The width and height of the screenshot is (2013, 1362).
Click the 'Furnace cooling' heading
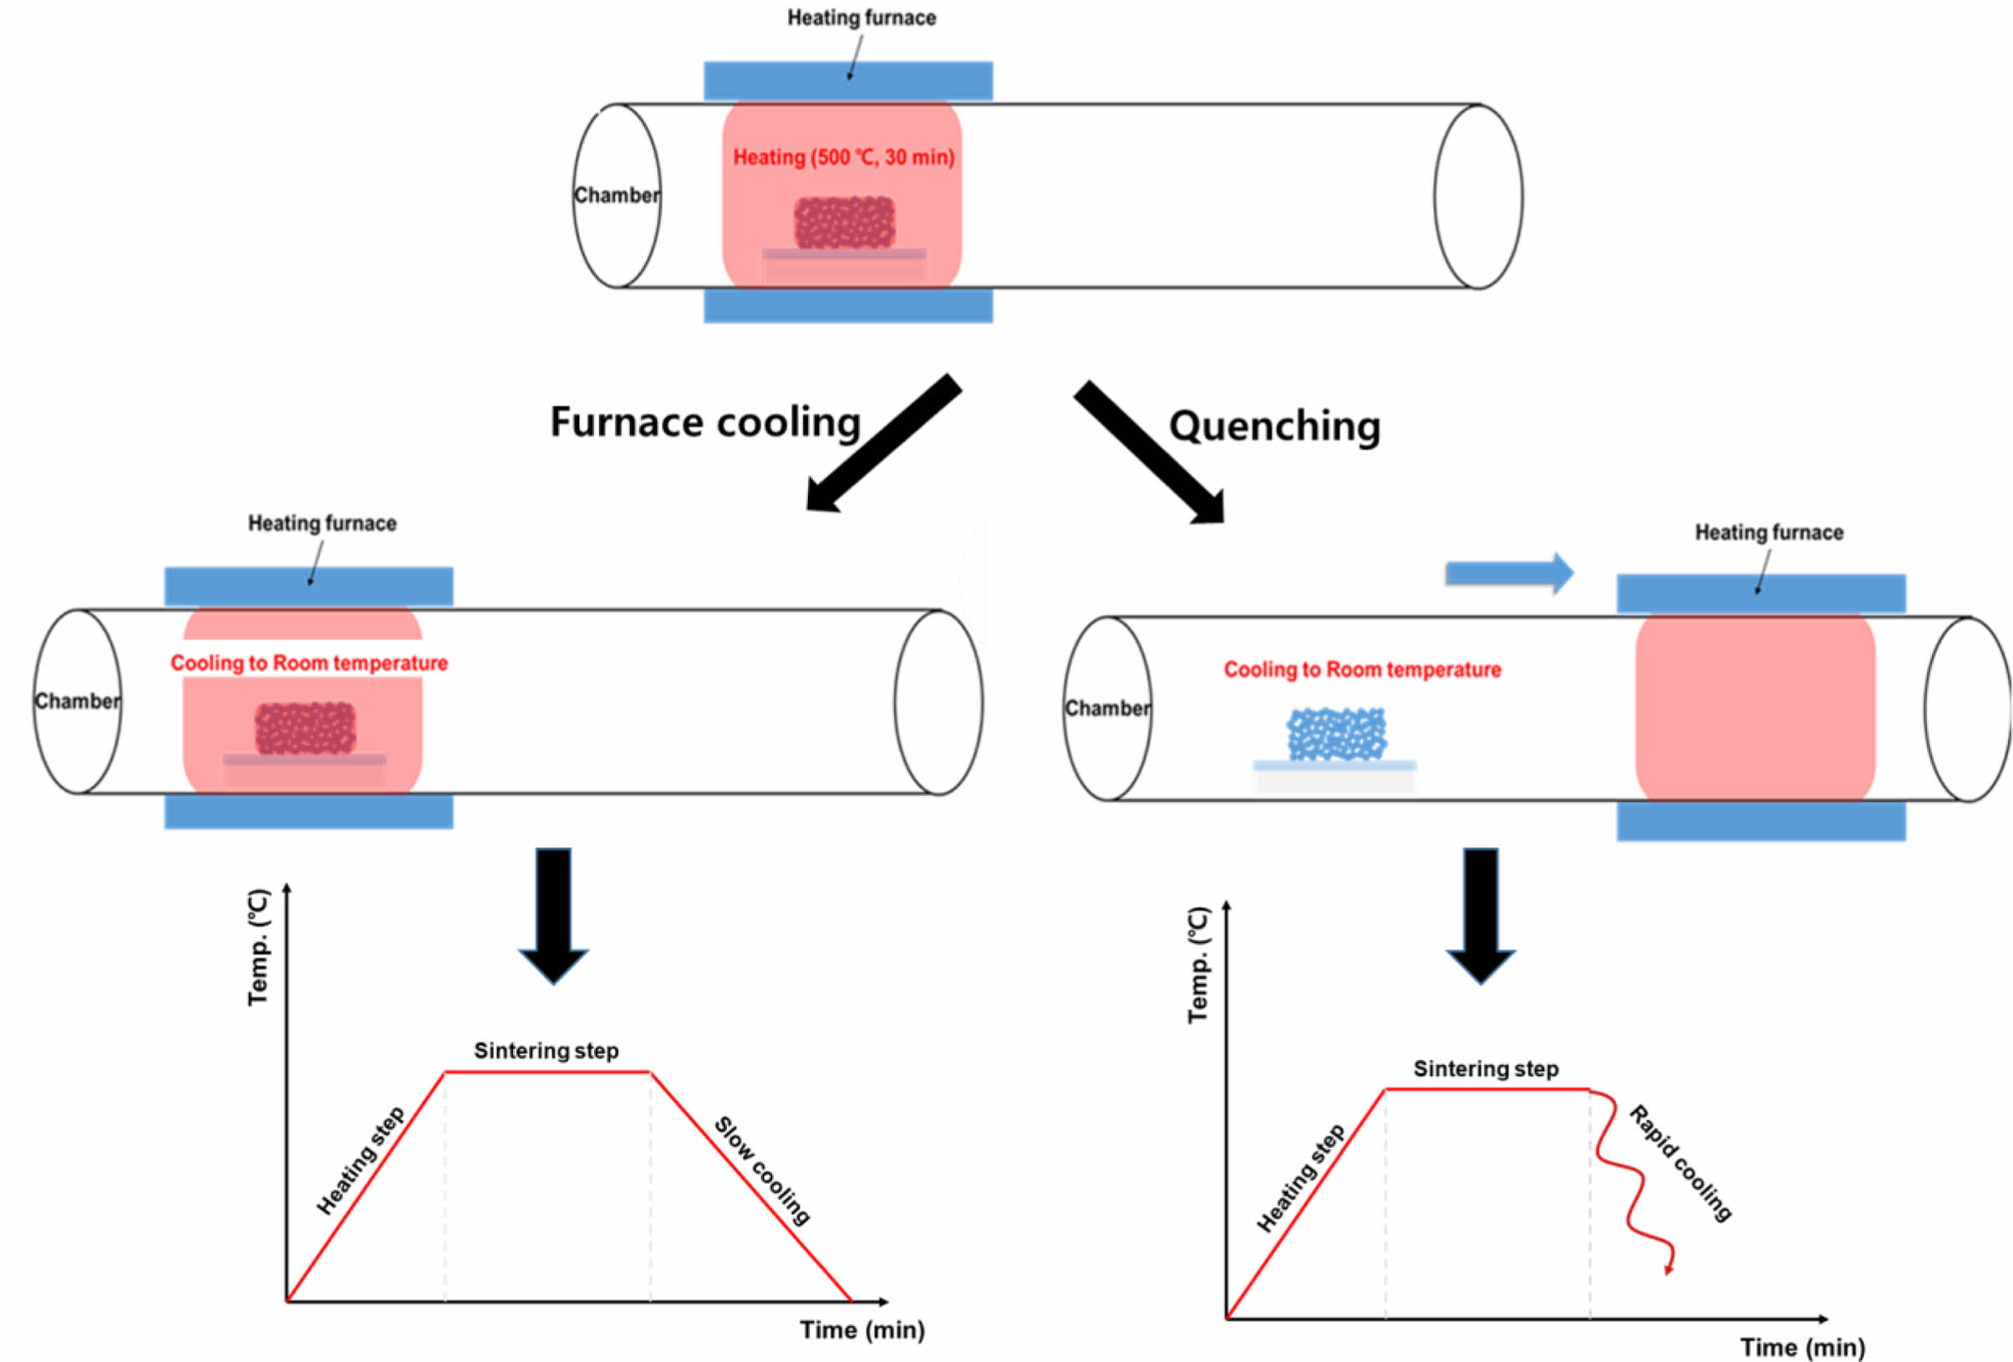[705, 423]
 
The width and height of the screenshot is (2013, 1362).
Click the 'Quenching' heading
[1274, 426]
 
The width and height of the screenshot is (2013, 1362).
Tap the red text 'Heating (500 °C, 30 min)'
[844, 158]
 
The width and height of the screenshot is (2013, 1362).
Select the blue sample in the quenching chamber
[1336, 734]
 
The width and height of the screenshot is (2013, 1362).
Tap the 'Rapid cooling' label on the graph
[1680, 1164]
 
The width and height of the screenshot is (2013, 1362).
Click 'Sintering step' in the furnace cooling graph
[546, 1051]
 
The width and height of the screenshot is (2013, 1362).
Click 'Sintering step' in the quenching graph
[1486, 1069]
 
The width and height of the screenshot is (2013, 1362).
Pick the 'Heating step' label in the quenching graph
[1300, 1177]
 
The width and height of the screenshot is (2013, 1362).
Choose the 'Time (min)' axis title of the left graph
[862, 1330]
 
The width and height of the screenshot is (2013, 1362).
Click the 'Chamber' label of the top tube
[617, 196]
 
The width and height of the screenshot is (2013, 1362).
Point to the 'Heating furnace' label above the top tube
[861, 18]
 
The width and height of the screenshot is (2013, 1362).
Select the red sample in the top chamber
[845, 222]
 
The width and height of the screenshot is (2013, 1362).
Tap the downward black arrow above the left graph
[553, 914]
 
